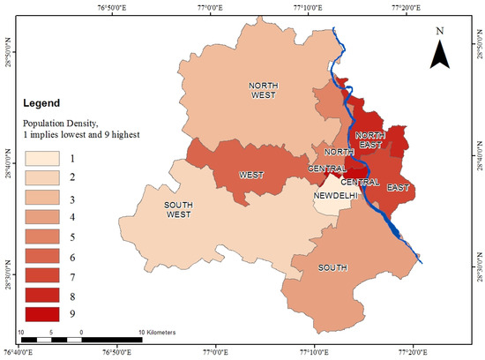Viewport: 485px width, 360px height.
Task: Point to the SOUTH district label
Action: point(332,267)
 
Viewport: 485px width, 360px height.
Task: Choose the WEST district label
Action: point(252,175)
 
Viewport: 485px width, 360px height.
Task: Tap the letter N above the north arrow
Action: point(440,32)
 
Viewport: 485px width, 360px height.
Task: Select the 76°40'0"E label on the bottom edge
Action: point(19,353)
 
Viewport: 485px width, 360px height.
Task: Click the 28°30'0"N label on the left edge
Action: point(7,270)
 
